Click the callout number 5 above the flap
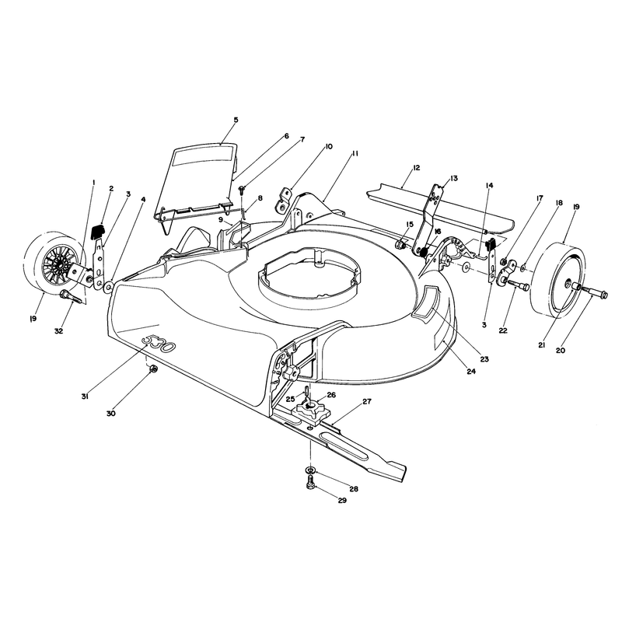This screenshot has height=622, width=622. tap(236, 120)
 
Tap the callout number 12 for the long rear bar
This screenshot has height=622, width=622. tap(416, 168)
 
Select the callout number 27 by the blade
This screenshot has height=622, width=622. tap(367, 401)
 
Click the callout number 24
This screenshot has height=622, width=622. tap(471, 372)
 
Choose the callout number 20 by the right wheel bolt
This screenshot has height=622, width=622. tap(561, 351)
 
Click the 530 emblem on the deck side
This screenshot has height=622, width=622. tap(159, 343)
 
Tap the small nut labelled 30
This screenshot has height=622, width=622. tap(154, 369)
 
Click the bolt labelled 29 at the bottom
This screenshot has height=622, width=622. tap(310, 484)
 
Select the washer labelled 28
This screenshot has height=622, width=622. tap(311, 470)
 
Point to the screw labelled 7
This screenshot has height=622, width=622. tap(242, 190)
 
